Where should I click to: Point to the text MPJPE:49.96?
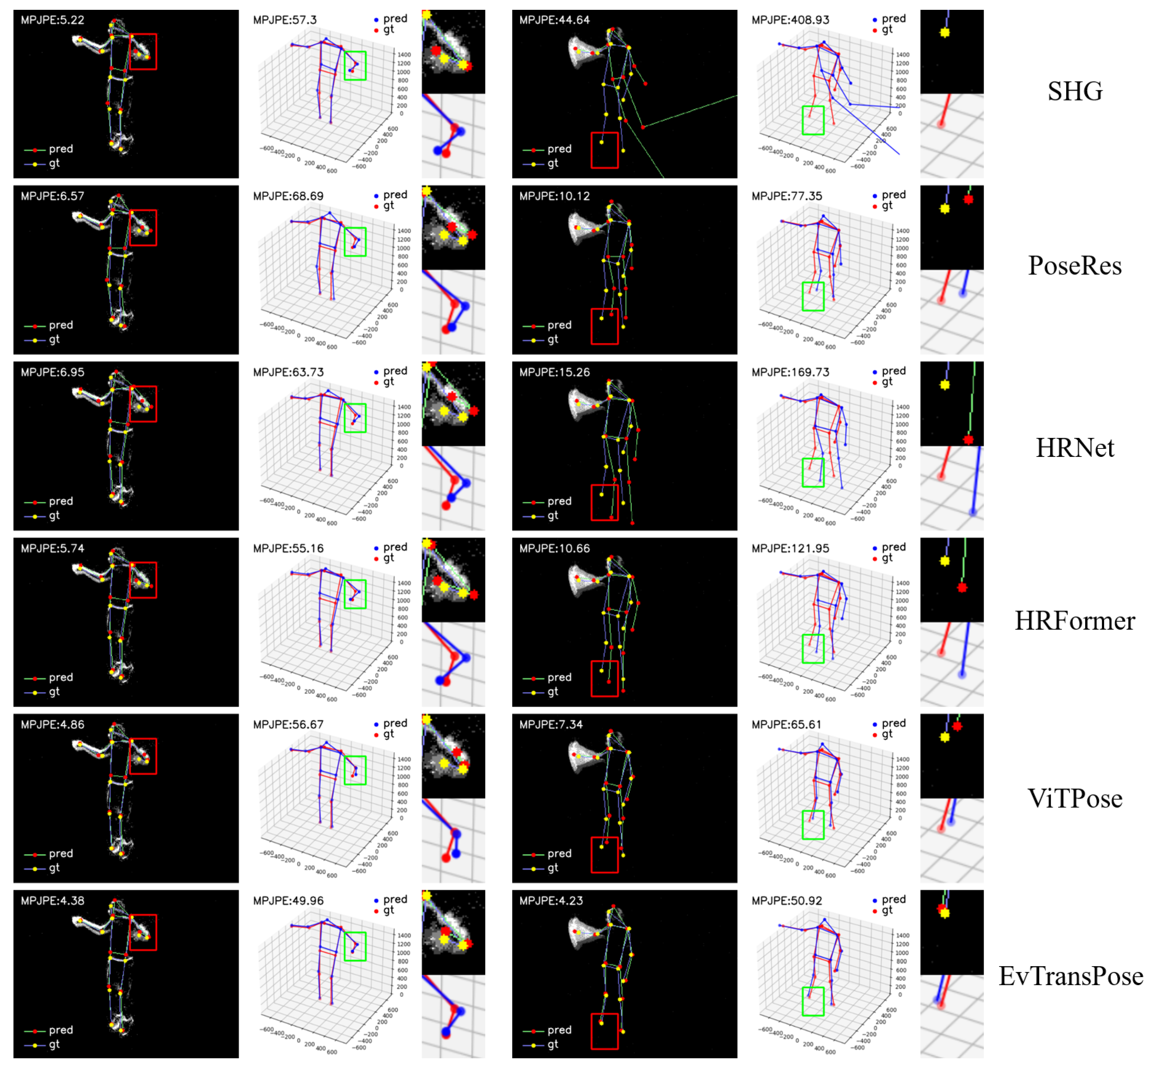click(288, 901)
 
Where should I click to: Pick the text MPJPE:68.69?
click(288, 196)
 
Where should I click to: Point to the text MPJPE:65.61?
click(786, 724)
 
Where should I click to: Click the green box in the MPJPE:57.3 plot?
click(355, 66)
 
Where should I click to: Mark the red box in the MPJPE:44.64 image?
click(604, 150)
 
